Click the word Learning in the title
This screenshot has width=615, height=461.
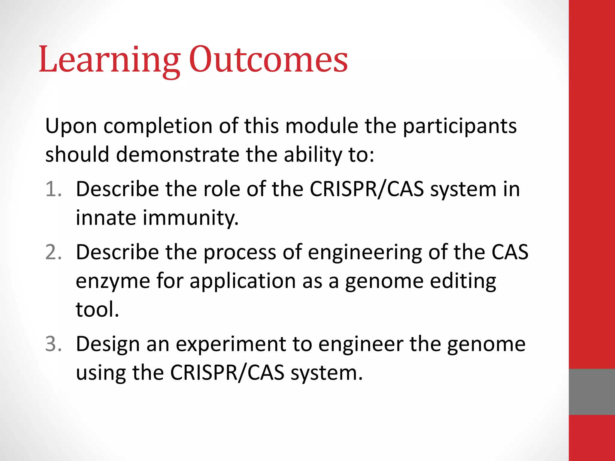[110, 60]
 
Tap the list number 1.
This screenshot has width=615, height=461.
[53, 189]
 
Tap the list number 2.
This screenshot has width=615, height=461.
[53, 252]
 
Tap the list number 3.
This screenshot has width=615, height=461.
[53, 344]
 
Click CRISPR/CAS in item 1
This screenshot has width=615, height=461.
[367, 189]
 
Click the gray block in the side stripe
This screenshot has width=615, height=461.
[592, 392]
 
